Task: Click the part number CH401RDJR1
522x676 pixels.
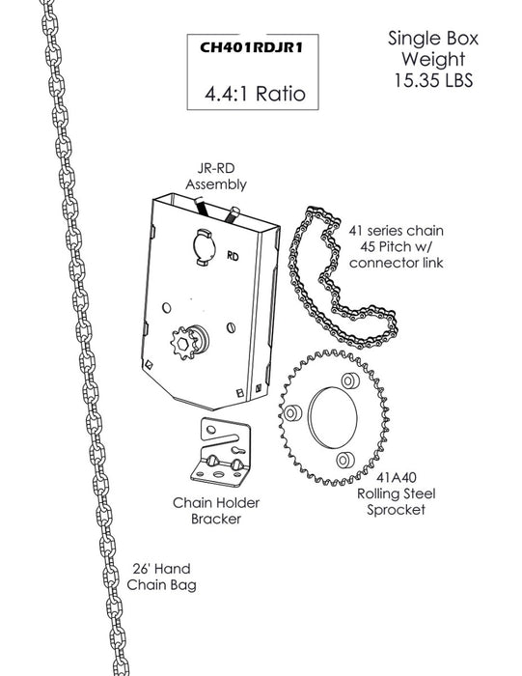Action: [x=252, y=47]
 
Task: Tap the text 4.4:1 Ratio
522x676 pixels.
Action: [x=255, y=94]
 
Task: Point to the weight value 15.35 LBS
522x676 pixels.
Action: [x=433, y=80]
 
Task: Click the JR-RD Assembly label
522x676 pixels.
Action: [x=216, y=176]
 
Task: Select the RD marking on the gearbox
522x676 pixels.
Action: [x=233, y=256]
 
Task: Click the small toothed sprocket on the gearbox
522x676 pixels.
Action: [x=184, y=343]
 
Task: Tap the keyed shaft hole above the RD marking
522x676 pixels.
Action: [x=204, y=247]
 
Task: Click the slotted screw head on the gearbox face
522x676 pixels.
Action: [x=231, y=327]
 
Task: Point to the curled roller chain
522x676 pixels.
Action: [x=341, y=280]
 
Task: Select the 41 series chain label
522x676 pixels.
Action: [x=396, y=246]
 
